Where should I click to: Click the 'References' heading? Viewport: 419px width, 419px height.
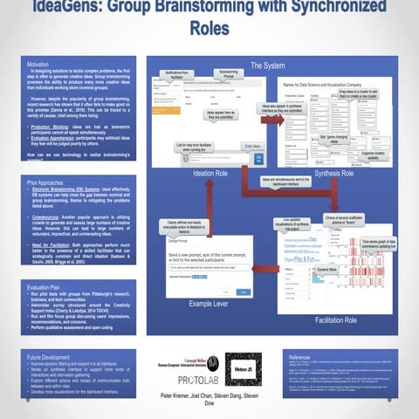[x=300, y=358]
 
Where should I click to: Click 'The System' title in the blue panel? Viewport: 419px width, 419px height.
[x=267, y=65]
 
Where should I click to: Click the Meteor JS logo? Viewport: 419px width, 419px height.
[x=243, y=369]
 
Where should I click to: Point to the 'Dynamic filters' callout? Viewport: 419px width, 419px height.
[x=330, y=271]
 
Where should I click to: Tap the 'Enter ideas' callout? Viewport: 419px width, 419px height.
[x=251, y=147]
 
